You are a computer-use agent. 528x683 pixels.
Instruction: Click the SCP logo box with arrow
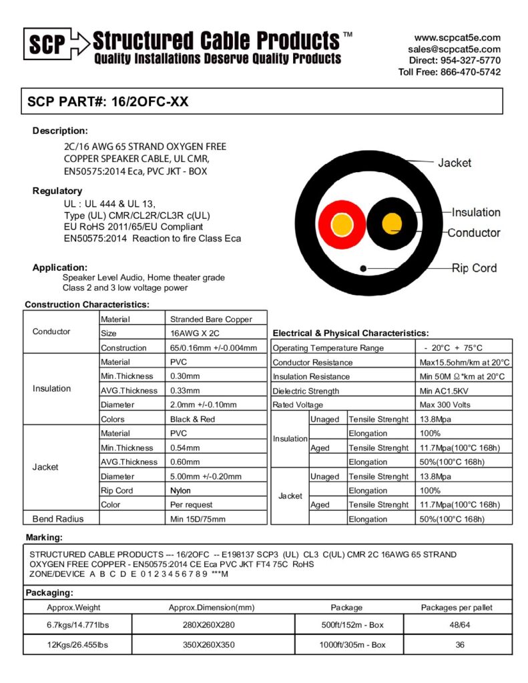coord(55,44)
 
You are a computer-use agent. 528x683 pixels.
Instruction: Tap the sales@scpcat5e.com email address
coord(454,49)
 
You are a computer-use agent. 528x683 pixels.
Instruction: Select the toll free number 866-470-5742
coord(471,72)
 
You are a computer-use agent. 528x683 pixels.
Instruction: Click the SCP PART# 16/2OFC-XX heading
coord(107,102)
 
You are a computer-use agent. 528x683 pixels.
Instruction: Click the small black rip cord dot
coord(362,268)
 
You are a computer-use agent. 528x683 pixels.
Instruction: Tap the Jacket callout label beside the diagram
coord(454,163)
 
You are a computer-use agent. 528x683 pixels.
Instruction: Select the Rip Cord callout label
coord(474,268)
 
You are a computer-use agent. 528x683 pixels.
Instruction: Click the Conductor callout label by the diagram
coord(473,233)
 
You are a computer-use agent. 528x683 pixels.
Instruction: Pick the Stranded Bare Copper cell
coord(211,319)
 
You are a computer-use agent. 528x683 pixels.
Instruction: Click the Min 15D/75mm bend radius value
coord(198,519)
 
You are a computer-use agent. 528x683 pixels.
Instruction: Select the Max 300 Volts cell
coord(445,405)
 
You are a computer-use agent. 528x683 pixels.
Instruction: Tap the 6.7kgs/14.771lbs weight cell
coord(77,624)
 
